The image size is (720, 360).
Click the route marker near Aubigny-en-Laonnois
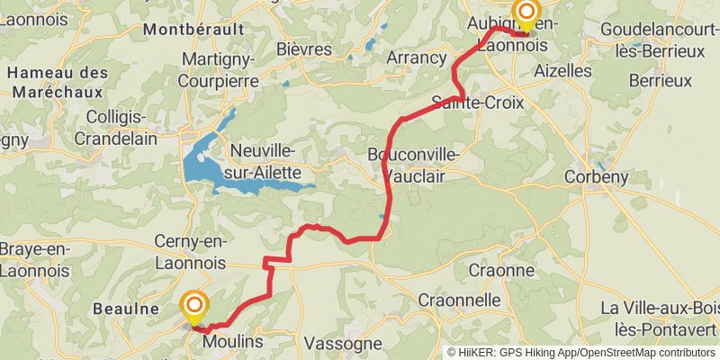pos(525,13)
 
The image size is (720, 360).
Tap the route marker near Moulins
pos(193,306)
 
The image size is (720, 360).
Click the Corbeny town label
pos(596,177)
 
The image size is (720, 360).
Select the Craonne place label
pos(503,270)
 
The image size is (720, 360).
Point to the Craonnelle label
pos(460,300)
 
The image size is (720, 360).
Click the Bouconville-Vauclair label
pos(414,166)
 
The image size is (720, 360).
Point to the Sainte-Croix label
pos(477,102)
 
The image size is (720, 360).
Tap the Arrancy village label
pos(417,58)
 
